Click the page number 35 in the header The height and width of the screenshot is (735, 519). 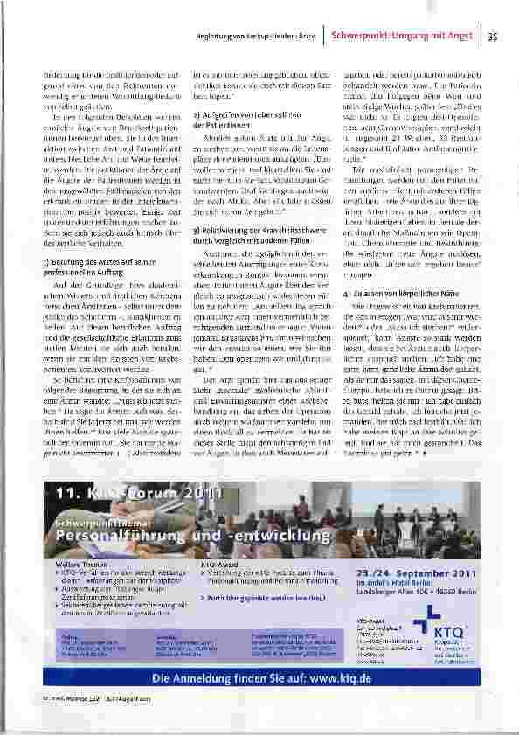click(x=492, y=37)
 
